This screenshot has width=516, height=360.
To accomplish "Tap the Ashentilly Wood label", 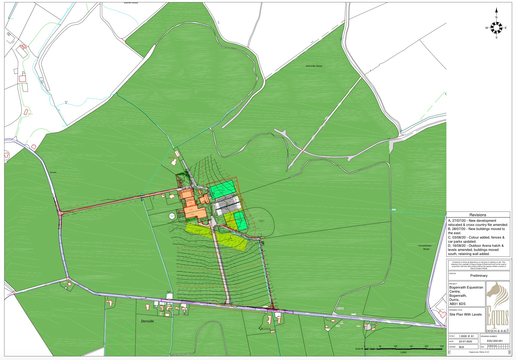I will (314, 66).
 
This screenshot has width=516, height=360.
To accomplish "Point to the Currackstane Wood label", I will (425, 247).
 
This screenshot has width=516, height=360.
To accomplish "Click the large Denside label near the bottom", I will (148, 321).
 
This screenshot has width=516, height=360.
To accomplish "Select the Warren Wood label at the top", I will (131, 3).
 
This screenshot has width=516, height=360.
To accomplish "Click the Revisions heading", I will (478, 215).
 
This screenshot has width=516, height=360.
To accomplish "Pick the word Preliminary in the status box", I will (479, 276).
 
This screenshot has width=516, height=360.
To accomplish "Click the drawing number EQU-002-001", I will (495, 341).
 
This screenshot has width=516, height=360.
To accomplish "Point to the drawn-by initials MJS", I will (461, 347).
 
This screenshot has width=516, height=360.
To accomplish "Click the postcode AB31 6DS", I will (458, 304).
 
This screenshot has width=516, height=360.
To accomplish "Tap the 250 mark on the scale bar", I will (442, 346).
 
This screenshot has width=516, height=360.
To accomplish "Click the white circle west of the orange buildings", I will (172, 216).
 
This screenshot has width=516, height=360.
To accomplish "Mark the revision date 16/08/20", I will (458, 246).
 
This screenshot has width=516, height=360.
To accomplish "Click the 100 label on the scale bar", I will (396, 346).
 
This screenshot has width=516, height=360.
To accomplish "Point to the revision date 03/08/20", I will (458, 237).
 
